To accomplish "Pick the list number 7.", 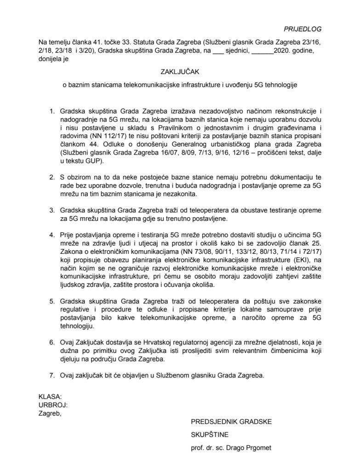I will coord(51,375).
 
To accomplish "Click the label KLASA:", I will coord(49,396).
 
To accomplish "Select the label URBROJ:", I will coord(53,404).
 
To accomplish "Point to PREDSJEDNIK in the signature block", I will coord(214,420).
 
